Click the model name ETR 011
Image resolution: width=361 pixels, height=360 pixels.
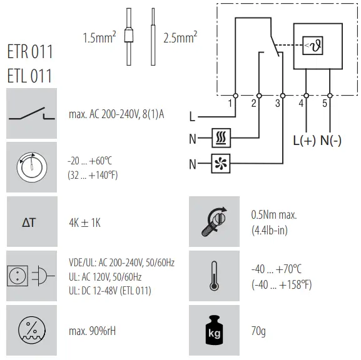[x=30, y=51]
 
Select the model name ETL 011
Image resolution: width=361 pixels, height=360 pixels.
[x=30, y=76]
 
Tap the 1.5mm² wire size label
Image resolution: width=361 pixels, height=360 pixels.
[x=99, y=39]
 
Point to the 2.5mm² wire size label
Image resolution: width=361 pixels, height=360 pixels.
[x=180, y=38]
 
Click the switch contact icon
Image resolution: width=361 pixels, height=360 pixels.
[x=31, y=114]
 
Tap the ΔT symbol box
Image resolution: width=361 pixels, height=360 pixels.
[x=31, y=222]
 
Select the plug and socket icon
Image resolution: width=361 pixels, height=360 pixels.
[x=31, y=276]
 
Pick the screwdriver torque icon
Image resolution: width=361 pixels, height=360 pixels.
[x=214, y=222]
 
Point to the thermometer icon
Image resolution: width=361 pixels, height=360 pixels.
[x=214, y=276]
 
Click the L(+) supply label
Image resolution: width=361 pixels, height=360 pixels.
[x=305, y=141]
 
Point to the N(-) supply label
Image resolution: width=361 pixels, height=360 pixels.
[x=331, y=141]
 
